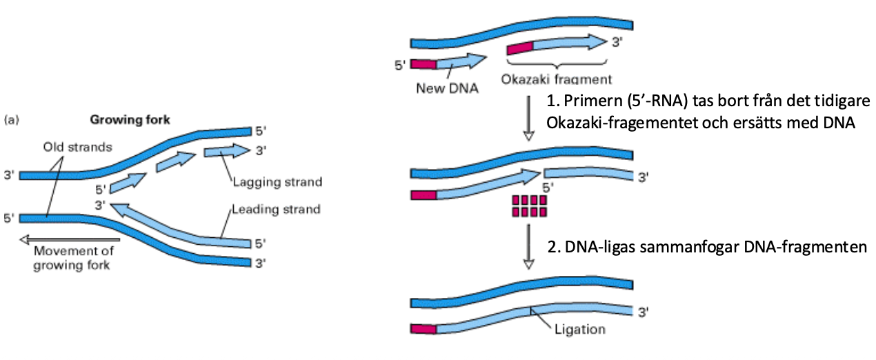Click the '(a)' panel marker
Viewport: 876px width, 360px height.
pos(11,119)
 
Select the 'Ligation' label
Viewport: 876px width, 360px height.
pos(579,329)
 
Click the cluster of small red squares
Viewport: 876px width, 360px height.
pos(528,206)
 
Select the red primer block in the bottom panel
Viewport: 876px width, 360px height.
pos(424,329)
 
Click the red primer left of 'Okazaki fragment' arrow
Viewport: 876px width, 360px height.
pos(520,48)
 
